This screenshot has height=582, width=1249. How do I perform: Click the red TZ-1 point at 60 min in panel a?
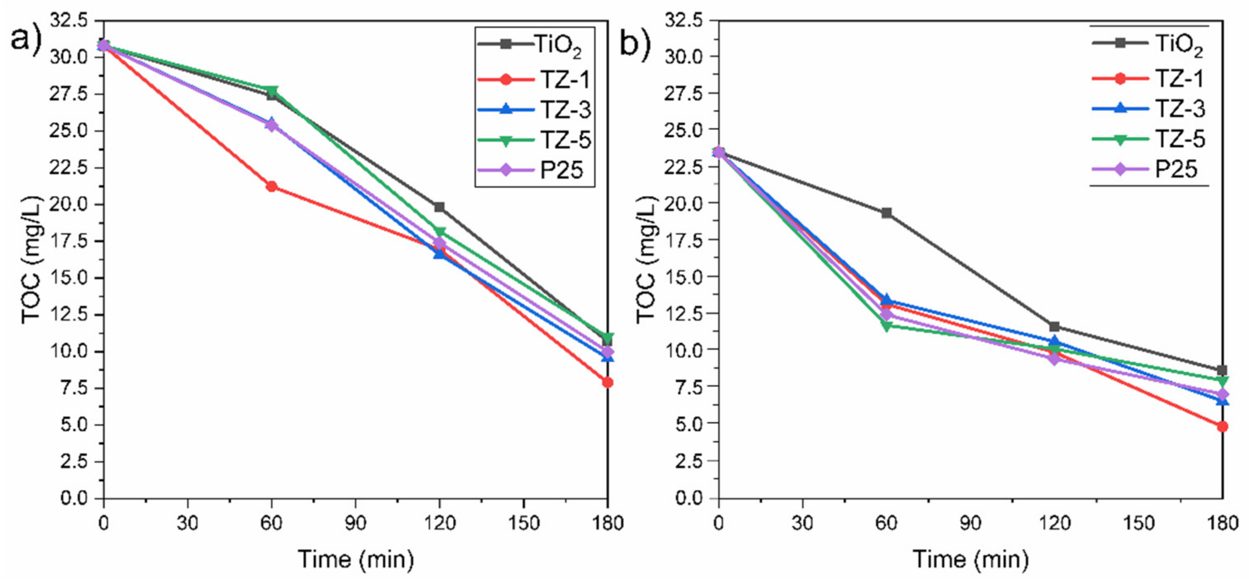[x=272, y=186]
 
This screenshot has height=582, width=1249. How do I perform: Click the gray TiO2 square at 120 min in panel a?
[x=439, y=207]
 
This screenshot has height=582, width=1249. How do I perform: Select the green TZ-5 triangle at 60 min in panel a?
[x=272, y=91]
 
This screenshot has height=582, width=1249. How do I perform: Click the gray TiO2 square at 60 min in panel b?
[x=886, y=213]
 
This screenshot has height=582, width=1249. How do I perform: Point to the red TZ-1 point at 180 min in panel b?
[x=1222, y=426]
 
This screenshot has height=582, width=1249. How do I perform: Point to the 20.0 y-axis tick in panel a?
[x=75, y=204]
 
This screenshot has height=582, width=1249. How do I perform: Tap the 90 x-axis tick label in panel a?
[x=355, y=523]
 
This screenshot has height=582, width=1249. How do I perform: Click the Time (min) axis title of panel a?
[x=355, y=559]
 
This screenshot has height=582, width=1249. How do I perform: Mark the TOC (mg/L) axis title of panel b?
[x=646, y=259]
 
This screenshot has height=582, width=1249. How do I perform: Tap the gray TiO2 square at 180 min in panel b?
[x=1222, y=370]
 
